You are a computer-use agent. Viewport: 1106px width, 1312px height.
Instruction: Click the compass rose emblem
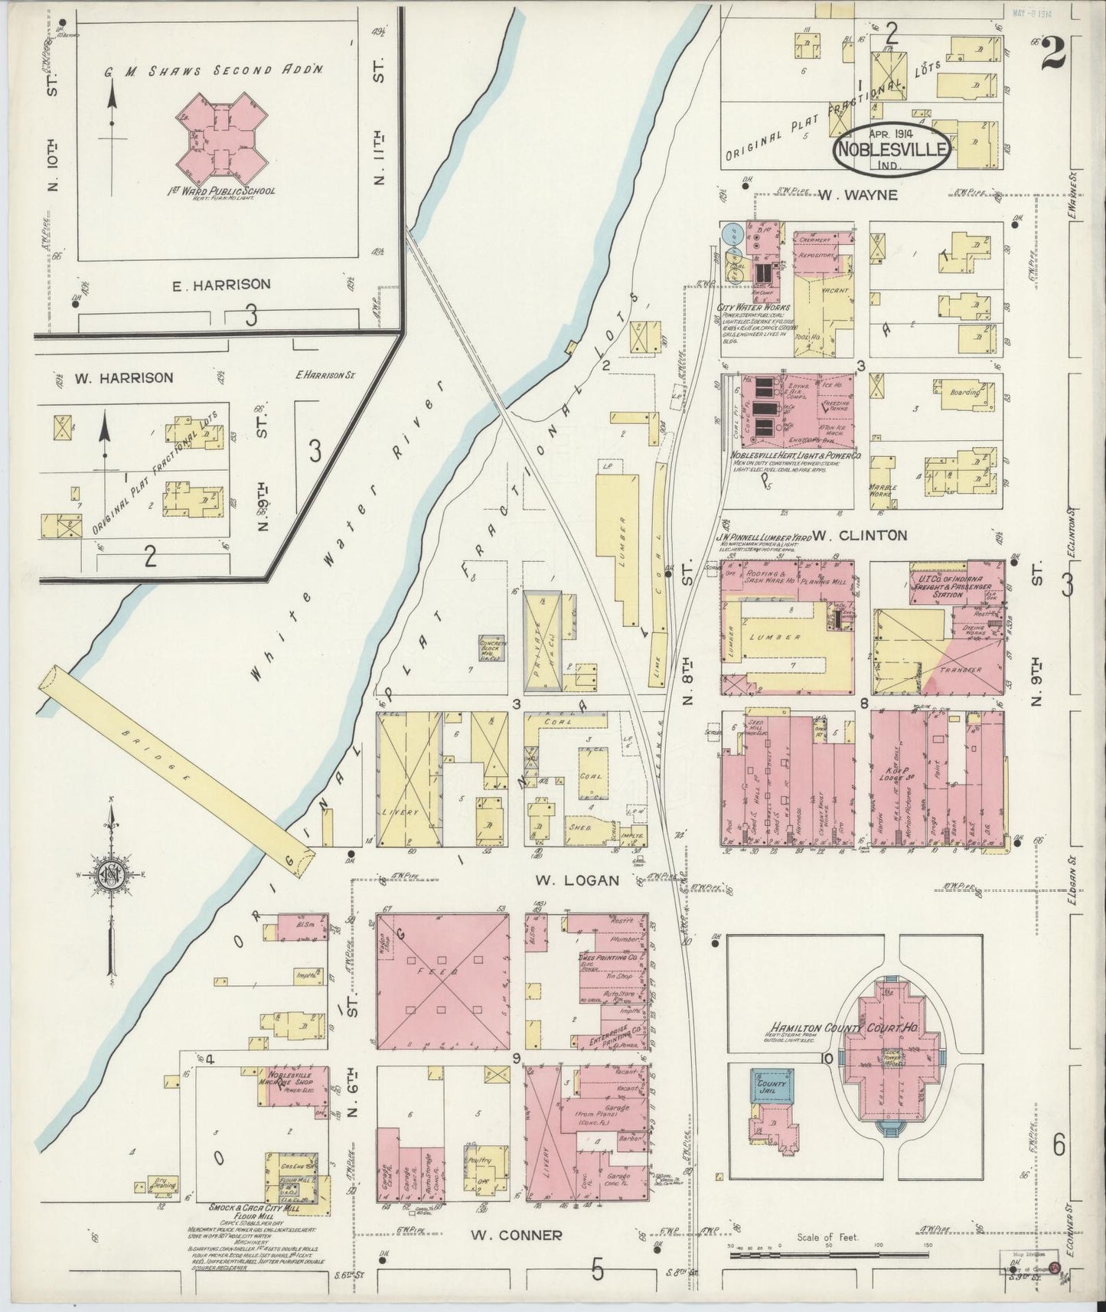click(x=112, y=876)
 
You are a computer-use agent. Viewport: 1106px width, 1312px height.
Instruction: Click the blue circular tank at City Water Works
click(x=732, y=233)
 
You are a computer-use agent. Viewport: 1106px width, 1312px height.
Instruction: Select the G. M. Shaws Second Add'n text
click(x=214, y=70)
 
